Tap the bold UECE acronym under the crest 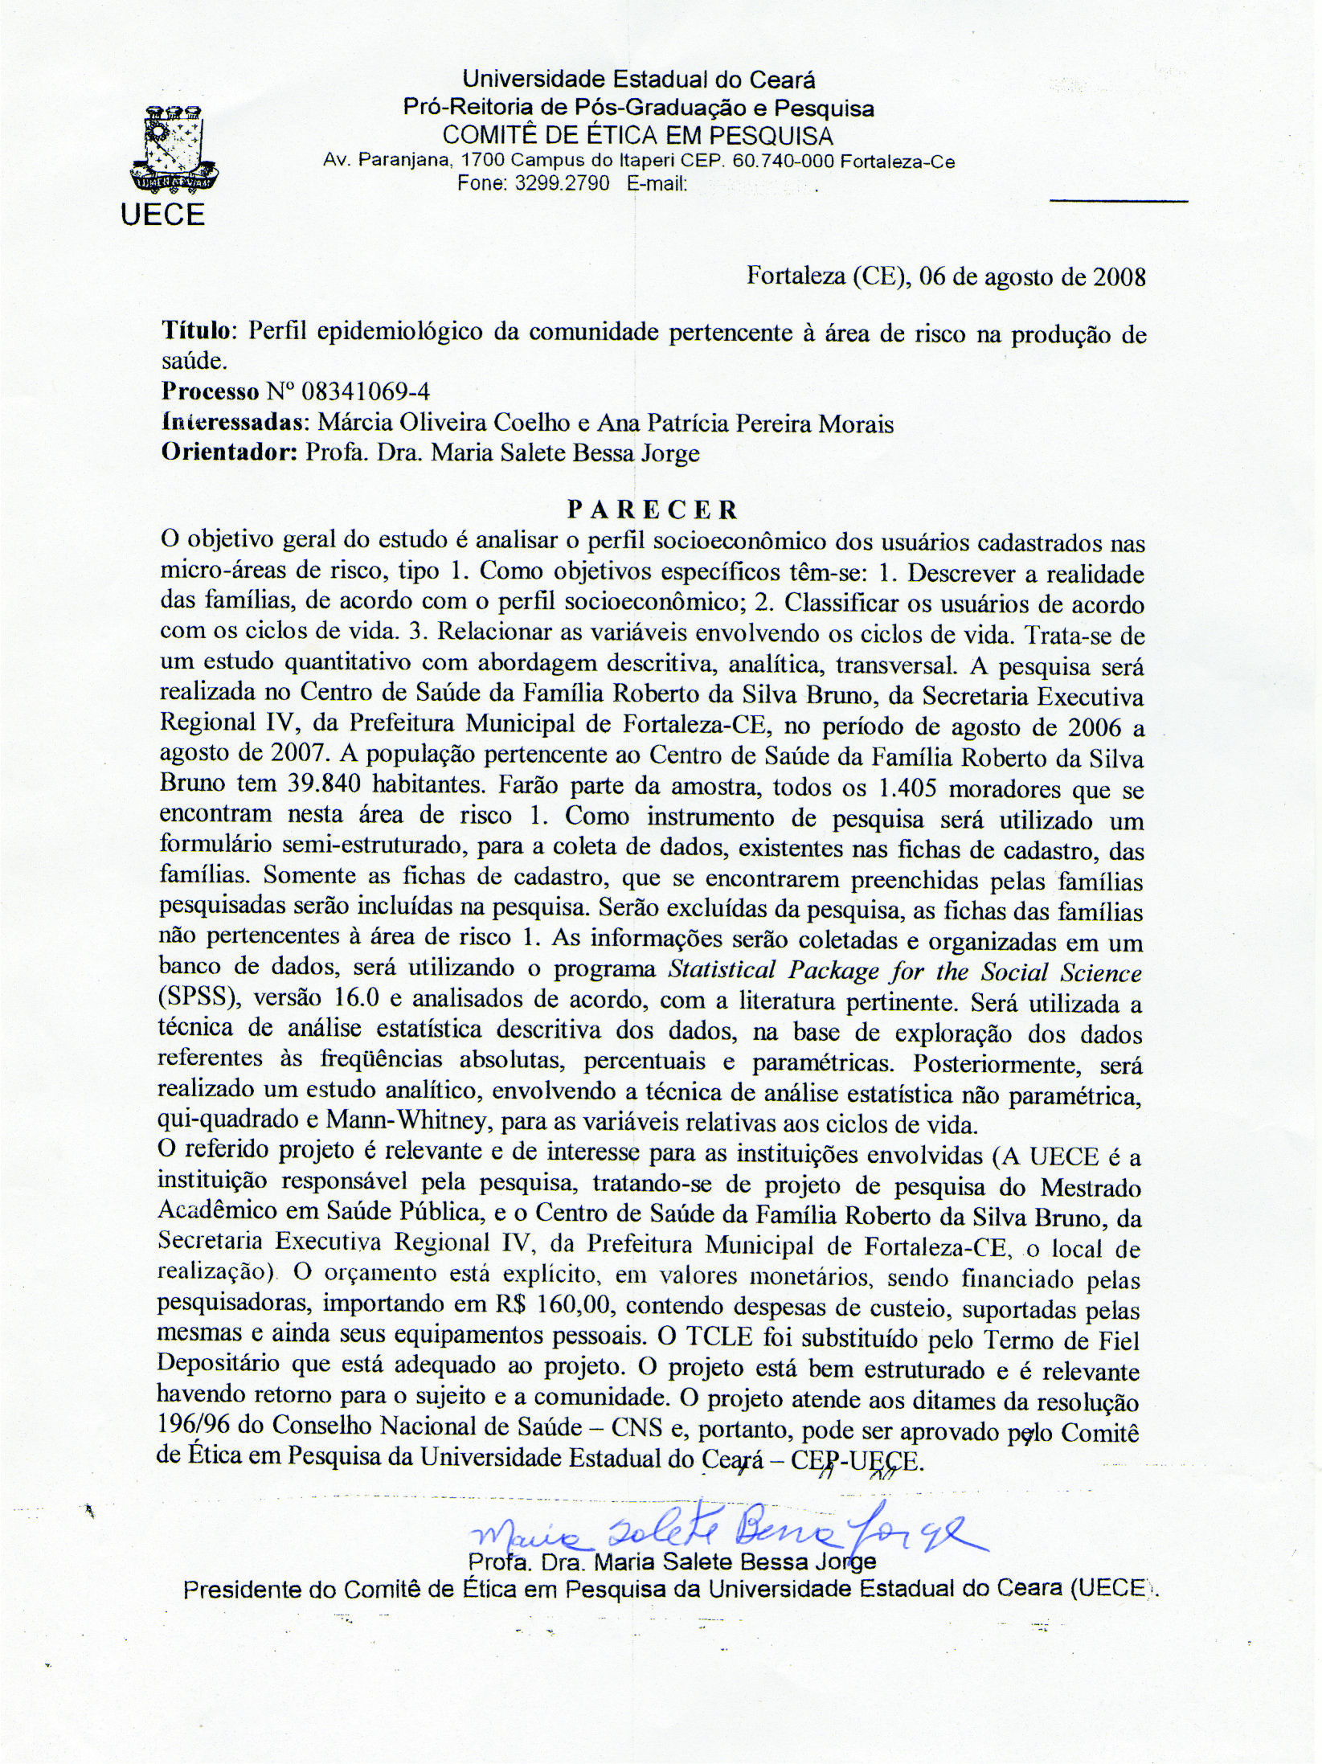click(163, 214)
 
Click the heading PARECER click(652, 510)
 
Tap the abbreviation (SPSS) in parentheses click(196, 1003)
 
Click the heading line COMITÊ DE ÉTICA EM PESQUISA click(638, 133)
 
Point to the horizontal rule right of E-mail click(1119, 199)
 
